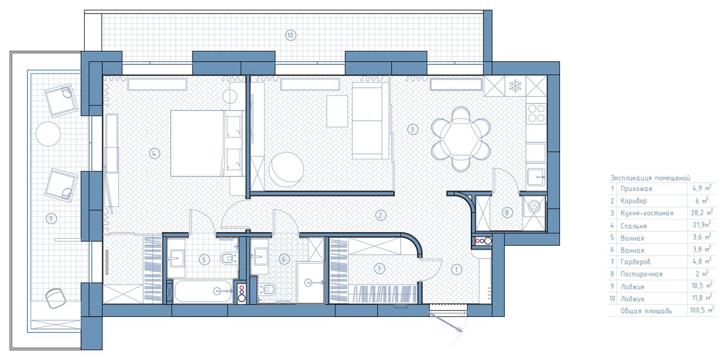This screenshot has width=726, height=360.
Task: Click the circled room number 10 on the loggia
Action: (290, 35)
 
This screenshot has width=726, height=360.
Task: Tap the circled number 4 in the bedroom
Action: (155, 153)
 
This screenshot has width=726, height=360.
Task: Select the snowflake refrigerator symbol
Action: (515, 86)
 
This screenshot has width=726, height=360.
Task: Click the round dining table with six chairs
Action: (460, 140)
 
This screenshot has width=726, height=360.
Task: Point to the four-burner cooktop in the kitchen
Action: (536, 114)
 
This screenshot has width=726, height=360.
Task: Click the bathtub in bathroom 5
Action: (203, 291)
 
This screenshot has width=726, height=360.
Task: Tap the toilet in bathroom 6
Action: (267, 289)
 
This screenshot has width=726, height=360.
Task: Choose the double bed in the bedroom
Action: (206, 143)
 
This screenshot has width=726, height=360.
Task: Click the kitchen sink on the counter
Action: (536, 177)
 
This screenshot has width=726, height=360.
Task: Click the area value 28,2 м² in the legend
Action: (702, 213)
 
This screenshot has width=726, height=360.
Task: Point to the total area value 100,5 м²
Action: (702, 310)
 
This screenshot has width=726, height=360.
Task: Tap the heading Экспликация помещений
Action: (650, 178)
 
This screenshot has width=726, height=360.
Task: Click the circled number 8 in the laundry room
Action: (507, 213)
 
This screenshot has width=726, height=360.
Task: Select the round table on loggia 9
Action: (48, 134)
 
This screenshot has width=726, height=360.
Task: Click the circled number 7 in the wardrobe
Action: (379, 269)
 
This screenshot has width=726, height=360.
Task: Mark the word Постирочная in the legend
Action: (641, 274)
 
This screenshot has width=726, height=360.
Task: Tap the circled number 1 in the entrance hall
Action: (456, 269)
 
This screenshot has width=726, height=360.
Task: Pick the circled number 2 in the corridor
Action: (381, 215)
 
